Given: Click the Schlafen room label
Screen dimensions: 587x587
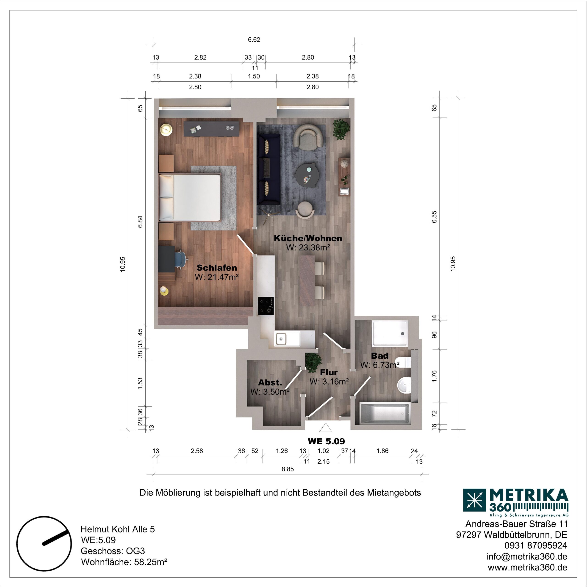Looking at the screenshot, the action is click(x=217, y=268).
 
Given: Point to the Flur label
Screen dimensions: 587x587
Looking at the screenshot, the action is click(x=329, y=372).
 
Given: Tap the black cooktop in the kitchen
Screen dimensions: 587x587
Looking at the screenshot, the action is click(x=266, y=306).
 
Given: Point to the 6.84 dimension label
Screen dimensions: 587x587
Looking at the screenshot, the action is click(x=140, y=222).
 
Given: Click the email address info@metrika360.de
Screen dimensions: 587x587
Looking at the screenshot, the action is click(x=526, y=556).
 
